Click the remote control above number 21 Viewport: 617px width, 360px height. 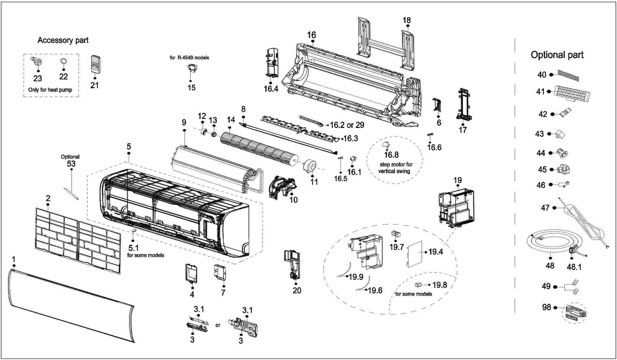coord(95,64)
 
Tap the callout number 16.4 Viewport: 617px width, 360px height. coord(271,89)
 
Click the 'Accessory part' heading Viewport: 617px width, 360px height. coord(63,40)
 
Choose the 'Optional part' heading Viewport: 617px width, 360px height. coord(557,55)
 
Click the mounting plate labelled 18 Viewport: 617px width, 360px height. coord(386,43)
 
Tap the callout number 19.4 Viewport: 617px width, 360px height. coord(436,252)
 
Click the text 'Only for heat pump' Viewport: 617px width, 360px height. coord(50,90)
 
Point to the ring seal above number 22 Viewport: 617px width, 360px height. coord(64,61)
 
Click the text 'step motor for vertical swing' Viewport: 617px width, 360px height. coord(395,168)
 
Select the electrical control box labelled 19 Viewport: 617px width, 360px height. coord(456,207)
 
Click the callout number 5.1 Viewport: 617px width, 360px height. coord(133,248)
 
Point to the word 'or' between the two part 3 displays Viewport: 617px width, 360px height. coord(218,325)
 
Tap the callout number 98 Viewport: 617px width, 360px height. coord(546,307)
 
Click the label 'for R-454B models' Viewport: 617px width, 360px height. coord(189,58)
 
